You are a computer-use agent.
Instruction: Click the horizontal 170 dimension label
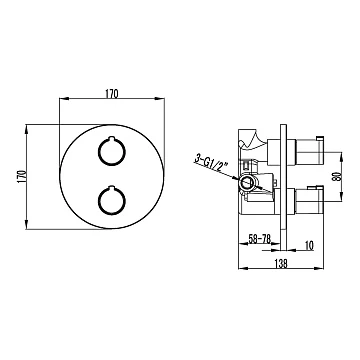point(112,94)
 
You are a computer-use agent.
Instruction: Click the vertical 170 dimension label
point(22,176)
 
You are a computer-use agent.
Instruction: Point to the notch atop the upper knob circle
point(112,138)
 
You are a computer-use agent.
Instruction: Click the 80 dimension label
point(336,176)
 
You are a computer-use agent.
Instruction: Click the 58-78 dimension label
point(260,238)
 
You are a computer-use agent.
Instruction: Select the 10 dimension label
point(309,246)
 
